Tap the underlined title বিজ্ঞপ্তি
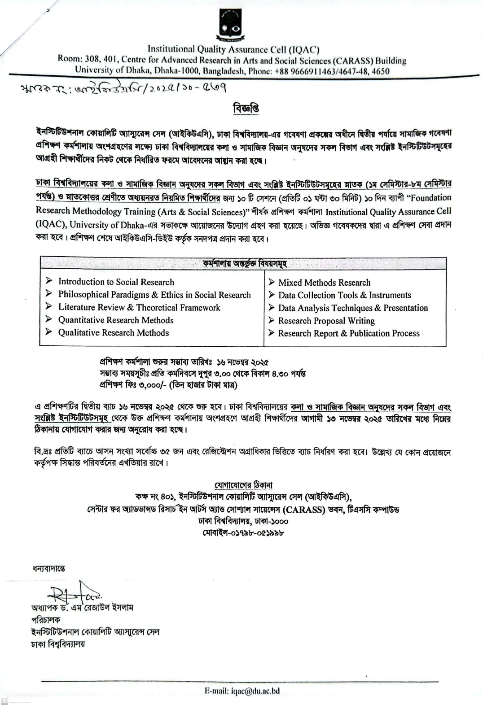[246, 109]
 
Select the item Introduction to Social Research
[116, 282]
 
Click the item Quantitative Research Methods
[116, 320]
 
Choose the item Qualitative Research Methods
[114, 333]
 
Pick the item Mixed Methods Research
[324, 283]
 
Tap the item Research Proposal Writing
[326, 321]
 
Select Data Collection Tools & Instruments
[344, 295]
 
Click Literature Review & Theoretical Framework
[139, 307]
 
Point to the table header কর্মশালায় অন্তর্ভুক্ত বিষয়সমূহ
[245, 264]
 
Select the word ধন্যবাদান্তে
[48, 569]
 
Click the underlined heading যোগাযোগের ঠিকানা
[243, 485]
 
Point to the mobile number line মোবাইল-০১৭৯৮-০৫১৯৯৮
[243, 533]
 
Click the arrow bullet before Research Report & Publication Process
[271, 333]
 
